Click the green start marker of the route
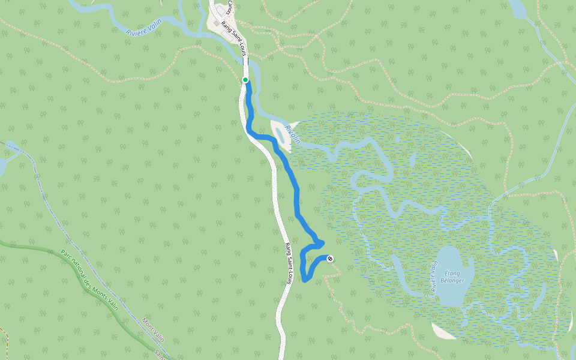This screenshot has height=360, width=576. (245, 80)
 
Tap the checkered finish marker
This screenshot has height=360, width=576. (329, 259)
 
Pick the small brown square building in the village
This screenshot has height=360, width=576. (216, 23)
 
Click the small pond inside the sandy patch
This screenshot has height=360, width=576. (279, 133)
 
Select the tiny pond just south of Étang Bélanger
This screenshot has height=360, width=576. (467, 323)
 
